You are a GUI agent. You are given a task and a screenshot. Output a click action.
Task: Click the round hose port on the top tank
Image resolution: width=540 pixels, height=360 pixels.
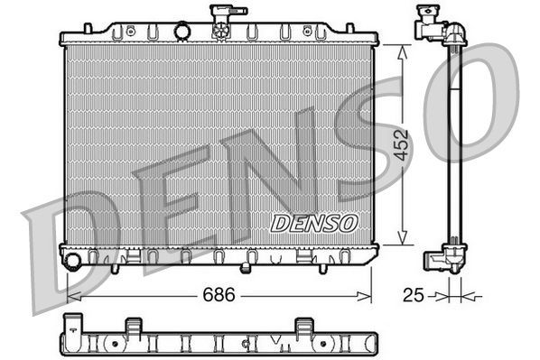coord(183,32)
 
